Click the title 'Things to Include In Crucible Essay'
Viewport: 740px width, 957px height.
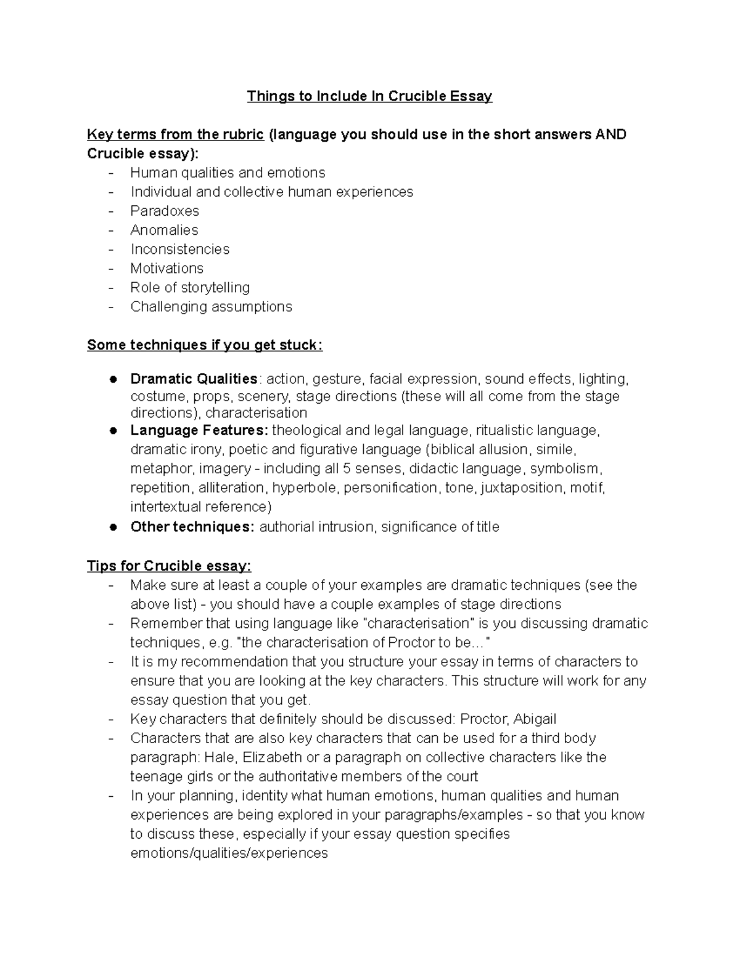click(369, 96)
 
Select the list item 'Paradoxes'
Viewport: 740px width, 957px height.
click(165, 211)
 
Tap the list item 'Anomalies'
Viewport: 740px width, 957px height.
click(164, 230)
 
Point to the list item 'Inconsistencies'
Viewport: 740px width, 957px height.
click(179, 249)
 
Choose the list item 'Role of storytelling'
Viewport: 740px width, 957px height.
click(190, 287)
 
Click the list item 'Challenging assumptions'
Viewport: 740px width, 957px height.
click(211, 306)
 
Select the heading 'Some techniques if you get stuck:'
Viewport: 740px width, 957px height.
click(205, 345)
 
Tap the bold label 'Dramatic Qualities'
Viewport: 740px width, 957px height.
click(194, 378)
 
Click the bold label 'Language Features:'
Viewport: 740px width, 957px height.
click(199, 430)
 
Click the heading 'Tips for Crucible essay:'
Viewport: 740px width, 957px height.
click(169, 566)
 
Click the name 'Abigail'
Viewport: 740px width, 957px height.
click(535, 719)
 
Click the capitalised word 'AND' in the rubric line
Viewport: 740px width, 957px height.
click(610, 134)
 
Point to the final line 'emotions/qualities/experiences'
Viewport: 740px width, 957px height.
click(229, 853)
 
